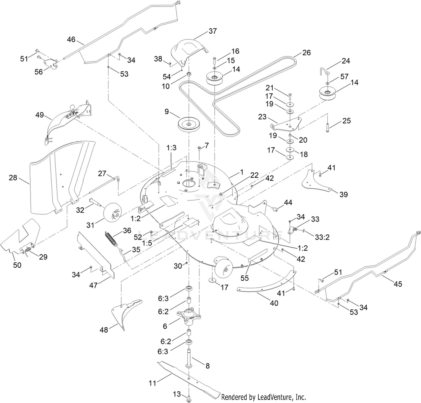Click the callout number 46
pos(71,40)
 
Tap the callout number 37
pos(213,31)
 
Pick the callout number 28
pos(13,178)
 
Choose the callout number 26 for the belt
pos(306,52)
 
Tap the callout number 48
pos(104,330)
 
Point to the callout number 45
pos(398,284)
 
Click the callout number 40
pos(274,303)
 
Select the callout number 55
pos(244,278)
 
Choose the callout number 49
pos(40,115)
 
